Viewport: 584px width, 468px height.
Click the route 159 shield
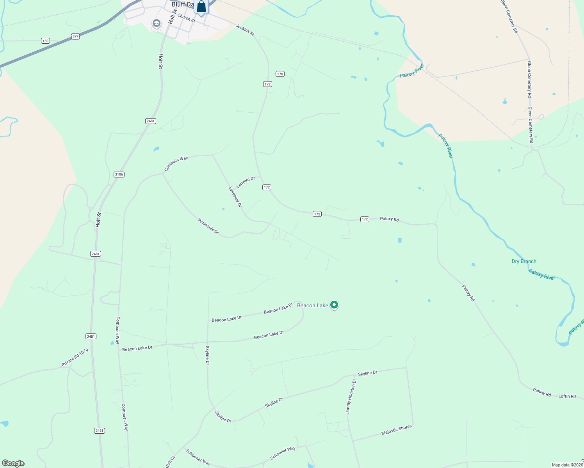tap(46, 41)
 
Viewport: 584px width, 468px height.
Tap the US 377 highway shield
tap(75, 36)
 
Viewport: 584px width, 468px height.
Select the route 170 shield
tap(280, 74)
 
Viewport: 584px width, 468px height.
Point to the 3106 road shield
tap(119, 174)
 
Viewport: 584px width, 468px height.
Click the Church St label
tap(186, 18)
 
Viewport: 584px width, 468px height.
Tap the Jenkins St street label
tap(245, 30)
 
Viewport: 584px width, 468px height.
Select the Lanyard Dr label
tap(246, 182)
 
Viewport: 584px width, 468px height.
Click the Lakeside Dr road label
tap(235, 197)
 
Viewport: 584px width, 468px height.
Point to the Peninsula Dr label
tap(208, 226)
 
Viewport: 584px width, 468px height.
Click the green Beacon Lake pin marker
tap(334, 305)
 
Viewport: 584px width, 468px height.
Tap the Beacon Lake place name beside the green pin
tap(312, 305)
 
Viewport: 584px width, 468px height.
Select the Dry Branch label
tap(524, 261)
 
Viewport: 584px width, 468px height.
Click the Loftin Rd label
tap(567, 396)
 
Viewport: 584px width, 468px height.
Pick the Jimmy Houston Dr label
tap(351, 396)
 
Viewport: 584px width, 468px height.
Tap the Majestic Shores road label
tap(396, 430)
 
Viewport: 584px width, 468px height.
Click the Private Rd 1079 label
tap(75, 358)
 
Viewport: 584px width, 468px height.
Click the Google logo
tap(13, 463)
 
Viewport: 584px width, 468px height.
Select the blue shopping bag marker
tap(201, 7)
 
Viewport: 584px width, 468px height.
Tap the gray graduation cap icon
tap(157, 24)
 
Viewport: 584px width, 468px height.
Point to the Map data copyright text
tap(567, 465)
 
